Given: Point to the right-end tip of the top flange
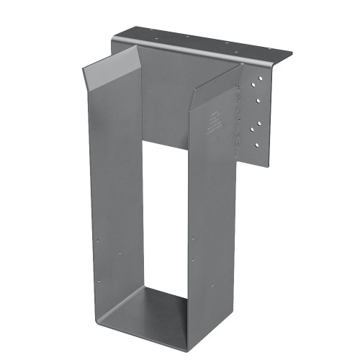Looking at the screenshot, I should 292,55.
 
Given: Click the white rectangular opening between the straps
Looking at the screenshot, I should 165,216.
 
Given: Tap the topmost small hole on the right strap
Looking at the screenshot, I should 193,238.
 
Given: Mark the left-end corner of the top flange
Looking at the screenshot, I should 115,32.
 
